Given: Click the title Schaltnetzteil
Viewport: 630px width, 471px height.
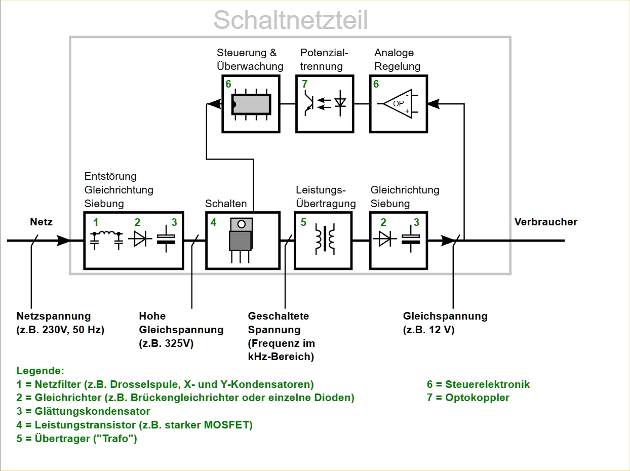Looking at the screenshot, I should click(x=290, y=20).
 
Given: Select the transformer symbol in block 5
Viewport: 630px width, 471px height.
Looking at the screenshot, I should click(x=324, y=240).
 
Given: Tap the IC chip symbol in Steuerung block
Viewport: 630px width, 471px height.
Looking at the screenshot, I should click(x=251, y=104).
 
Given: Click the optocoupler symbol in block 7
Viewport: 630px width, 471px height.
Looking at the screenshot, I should click(x=324, y=104).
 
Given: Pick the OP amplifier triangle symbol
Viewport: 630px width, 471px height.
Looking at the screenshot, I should click(x=398, y=104).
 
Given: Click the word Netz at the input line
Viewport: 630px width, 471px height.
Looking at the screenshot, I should click(x=41, y=222).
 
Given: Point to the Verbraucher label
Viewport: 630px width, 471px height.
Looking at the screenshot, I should click(x=545, y=222).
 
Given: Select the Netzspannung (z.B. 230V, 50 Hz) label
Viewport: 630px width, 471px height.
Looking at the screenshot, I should click(x=60, y=323).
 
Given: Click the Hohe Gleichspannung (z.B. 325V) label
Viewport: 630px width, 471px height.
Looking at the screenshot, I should click(x=181, y=330).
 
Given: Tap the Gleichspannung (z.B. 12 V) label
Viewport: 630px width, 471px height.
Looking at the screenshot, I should click(x=445, y=323).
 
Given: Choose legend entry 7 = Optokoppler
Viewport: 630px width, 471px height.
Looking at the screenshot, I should click(x=468, y=398).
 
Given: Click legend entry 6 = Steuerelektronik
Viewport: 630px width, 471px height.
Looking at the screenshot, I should click(x=478, y=384).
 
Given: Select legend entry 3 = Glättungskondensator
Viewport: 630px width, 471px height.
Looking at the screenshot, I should click(x=83, y=411).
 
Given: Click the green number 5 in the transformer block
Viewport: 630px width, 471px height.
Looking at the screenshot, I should click(x=303, y=222).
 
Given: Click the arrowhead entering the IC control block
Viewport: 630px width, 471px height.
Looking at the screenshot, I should click(x=215, y=104).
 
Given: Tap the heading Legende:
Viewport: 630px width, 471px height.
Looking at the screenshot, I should click(x=41, y=371).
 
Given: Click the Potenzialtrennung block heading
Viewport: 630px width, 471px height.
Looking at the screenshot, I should click(x=324, y=59).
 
